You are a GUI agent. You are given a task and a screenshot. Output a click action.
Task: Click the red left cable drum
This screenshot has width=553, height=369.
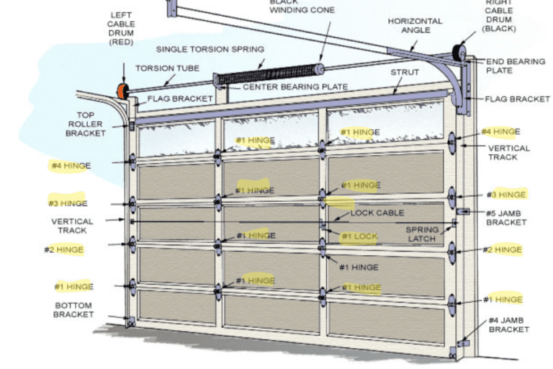click(121, 91)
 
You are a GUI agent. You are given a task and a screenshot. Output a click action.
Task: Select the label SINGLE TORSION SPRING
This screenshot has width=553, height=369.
click(210, 49)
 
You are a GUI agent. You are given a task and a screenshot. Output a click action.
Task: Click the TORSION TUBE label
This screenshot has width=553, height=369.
click(163, 68)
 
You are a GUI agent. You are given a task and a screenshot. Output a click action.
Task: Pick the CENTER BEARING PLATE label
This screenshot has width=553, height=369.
click(295, 87)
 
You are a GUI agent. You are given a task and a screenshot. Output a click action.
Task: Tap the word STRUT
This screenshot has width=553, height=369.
click(405, 73)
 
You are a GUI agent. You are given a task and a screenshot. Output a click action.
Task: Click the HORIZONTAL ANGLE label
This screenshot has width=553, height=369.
click(415, 27)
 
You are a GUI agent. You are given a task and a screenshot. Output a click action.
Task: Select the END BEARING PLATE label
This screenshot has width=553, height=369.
click(516, 66)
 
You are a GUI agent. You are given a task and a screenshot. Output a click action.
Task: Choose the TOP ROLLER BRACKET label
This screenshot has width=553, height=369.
click(86, 124)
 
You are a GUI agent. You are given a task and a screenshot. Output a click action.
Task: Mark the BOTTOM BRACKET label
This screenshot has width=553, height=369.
click(73, 310)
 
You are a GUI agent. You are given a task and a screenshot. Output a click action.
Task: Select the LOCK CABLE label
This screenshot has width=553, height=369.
click(377, 213)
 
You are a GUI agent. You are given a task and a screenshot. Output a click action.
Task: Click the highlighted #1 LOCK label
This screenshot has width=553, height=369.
click(359, 236)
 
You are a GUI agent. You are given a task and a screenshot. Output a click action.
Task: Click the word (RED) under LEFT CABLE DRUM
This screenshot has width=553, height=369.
click(122, 43)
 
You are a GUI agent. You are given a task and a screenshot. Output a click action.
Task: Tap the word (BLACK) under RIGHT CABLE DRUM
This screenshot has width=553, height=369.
click(499, 29)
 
